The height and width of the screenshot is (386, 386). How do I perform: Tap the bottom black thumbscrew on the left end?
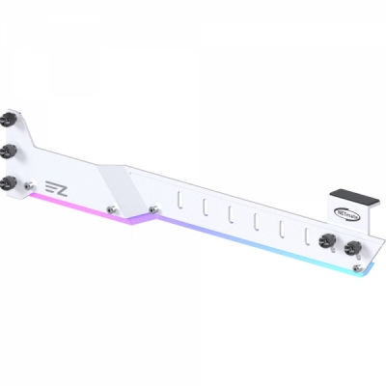coord(9,181)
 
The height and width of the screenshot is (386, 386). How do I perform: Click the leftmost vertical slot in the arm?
coord(180,204)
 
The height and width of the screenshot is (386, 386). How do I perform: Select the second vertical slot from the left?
coord(206,208)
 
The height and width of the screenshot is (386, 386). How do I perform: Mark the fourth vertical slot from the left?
coord(256,220)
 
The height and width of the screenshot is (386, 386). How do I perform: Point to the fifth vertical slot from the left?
coord(281,226)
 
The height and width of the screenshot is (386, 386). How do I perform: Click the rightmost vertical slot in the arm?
coord(307,232)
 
